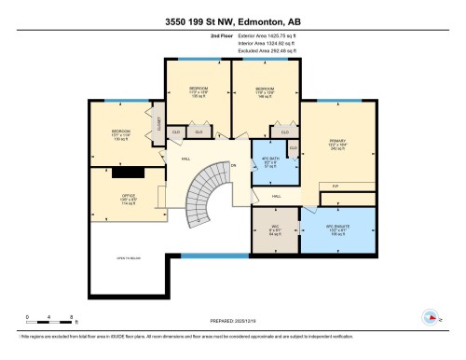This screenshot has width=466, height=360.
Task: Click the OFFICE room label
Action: pyautogui.click(x=129, y=198)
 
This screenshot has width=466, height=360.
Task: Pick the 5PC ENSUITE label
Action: pyautogui.click(x=336, y=227)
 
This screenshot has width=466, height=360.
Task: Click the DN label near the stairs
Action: pyautogui.click(x=234, y=166)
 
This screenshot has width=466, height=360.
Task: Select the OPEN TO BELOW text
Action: pyautogui.click(x=129, y=257)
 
